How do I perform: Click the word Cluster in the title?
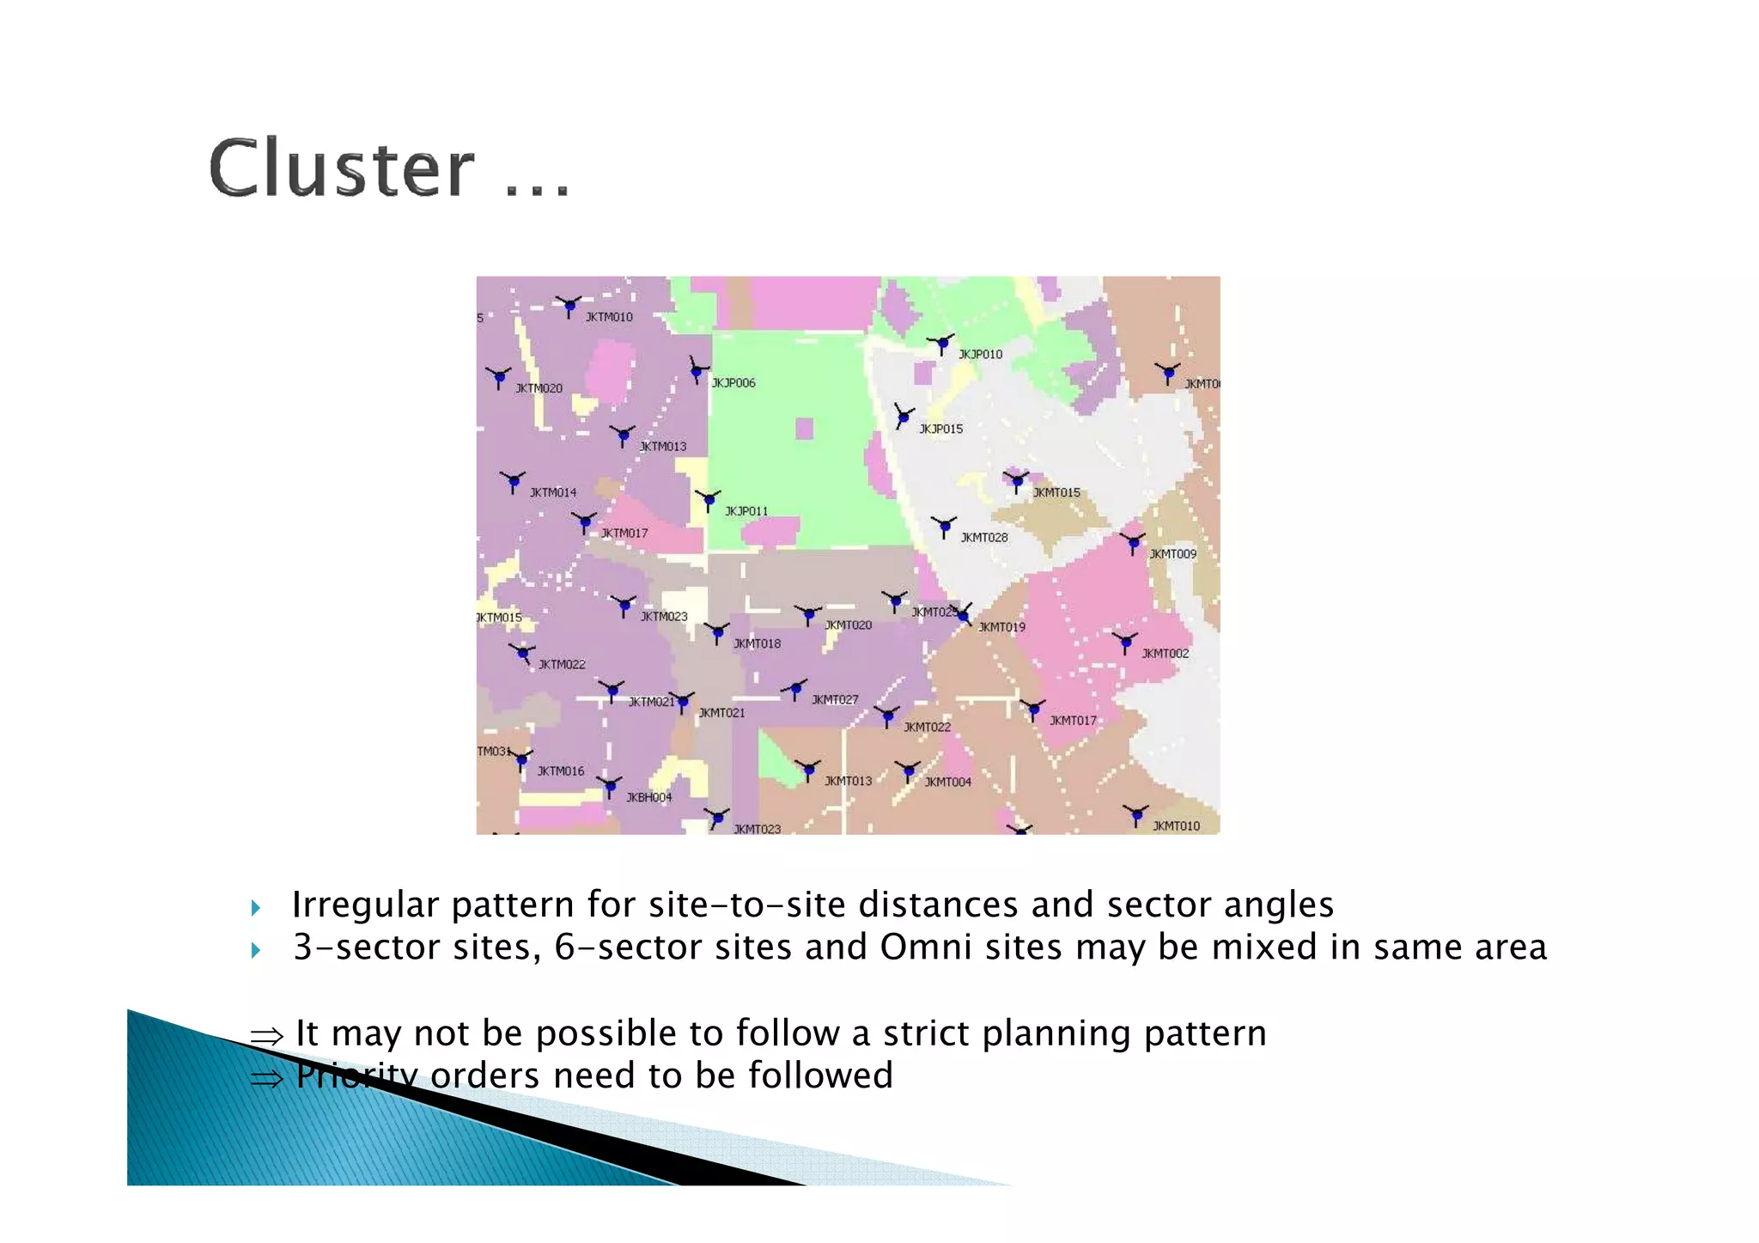tap(341, 168)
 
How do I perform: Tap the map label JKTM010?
tap(609, 317)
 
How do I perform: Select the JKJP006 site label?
tap(733, 383)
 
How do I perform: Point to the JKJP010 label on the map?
tap(980, 354)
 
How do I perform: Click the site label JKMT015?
tap(1056, 492)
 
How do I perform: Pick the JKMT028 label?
tap(984, 538)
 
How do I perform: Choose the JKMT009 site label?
tap(1172, 554)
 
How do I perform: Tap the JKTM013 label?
tap(663, 447)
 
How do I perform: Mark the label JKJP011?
tap(746, 511)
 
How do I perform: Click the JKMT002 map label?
tap(1166, 654)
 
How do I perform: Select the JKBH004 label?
tap(649, 797)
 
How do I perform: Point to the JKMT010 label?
tap(1176, 826)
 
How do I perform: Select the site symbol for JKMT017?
tap(1033, 710)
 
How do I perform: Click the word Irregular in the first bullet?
tap(364, 905)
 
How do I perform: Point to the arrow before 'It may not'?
tap(266, 1036)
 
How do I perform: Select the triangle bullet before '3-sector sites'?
tap(255, 949)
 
